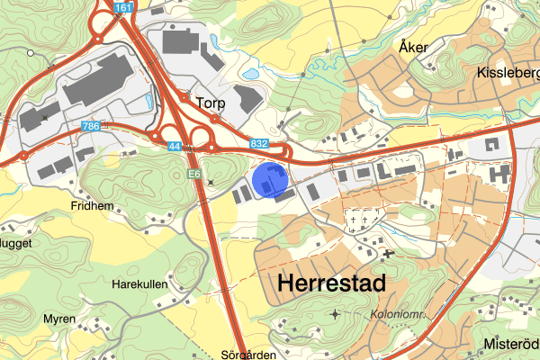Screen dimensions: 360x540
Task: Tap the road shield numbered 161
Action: [124, 7]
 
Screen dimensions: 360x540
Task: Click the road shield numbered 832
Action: [259, 144]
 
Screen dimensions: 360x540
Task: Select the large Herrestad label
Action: [332, 283]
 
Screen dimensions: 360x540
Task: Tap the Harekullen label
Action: [139, 283]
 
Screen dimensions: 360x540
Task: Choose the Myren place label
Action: [59, 319]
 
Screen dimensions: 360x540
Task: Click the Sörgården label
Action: [247, 354]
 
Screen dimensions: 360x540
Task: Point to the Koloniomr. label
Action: [400, 314]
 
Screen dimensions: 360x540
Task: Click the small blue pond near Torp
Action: [251, 74]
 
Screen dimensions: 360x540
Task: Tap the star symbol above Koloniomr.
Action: [337, 314]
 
